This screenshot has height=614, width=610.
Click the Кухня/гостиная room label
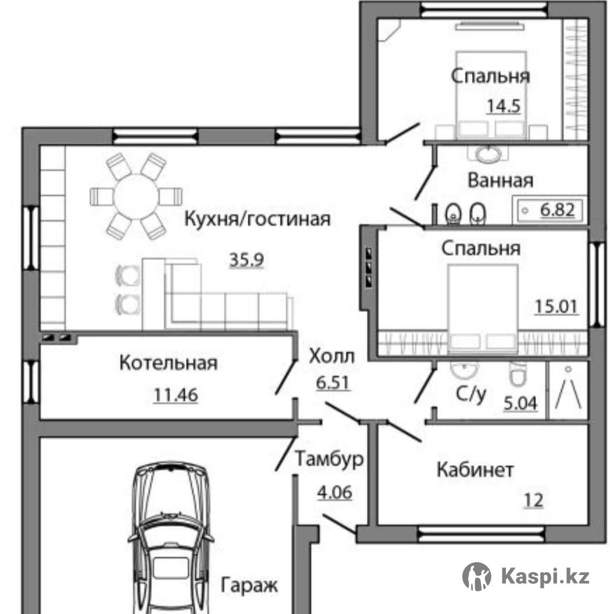pyautogui.click(x=257, y=219)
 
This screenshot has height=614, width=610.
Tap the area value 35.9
pyautogui.click(x=247, y=260)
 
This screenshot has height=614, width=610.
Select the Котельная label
pyautogui.click(x=168, y=363)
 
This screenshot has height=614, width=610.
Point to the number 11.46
pyautogui.click(x=176, y=395)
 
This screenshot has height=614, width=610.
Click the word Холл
pyautogui.click(x=332, y=356)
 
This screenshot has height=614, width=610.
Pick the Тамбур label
pyautogui.click(x=329, y=459)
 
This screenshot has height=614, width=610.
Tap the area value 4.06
pyautogui.click(x=334, y=492)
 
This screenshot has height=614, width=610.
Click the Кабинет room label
pyautogui.click(x=475, y=469)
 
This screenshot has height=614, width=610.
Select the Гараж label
pyautogui.click(x=249, y=585)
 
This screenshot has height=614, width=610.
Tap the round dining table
pyautogui.click(x=135, y=195)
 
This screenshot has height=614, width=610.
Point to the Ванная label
pyautogui.click(x=501, y=180)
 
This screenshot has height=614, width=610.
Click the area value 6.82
pyautogui.click(x=558, y=210)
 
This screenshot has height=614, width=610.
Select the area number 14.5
pyautogui.click(x=504, y=106)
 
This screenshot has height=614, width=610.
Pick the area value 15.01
pyautogui.click(x=556, y=307)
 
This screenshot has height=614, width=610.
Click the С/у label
pyautogui.click(x=470, y=394)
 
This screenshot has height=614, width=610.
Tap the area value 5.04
pyautogui.click(x=520, y=403)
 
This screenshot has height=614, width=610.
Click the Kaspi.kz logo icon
pyautogui.click(x=477, y=576)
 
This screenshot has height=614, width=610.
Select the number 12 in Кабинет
pyautogui.click(x=534, y=501)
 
